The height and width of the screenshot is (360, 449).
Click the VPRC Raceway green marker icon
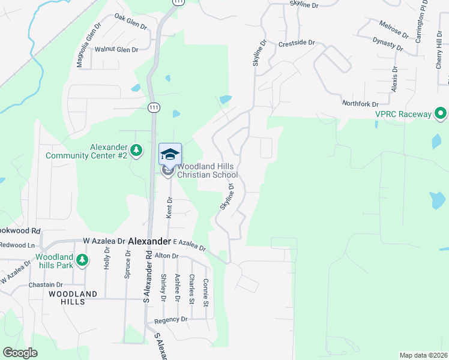(x=441, y=113)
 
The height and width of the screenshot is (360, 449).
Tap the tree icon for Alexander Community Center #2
(x=137, y=151)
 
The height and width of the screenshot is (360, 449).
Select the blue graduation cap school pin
(x=170, y=154)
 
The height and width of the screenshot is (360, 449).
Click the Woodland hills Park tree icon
(x=82, y=260)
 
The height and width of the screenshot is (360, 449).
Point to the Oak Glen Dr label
(x=131, y=23)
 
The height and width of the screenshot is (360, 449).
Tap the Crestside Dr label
(x=297, y=43)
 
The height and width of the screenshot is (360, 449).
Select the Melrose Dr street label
(x=394, y=28)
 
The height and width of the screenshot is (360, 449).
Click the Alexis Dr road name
(x=395, y=79)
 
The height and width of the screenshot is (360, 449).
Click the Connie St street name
(x=206, y=290)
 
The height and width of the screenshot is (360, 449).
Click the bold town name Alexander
(x=149, y=241)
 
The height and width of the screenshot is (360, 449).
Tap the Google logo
(x=20, y=353)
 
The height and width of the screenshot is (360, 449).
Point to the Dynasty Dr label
(x=388, y=43)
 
